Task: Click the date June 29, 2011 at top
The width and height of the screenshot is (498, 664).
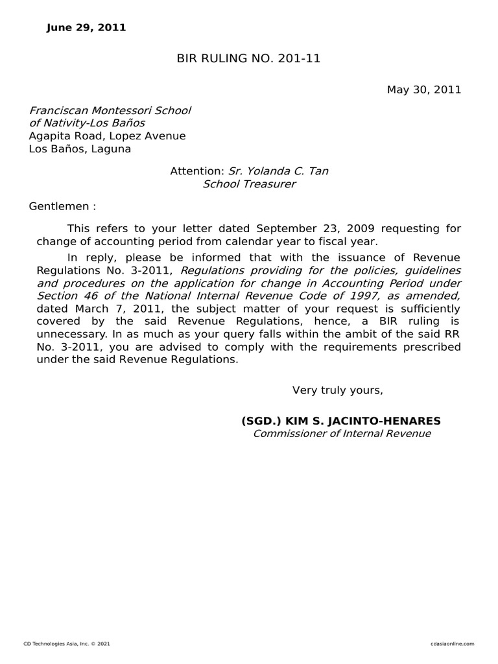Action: [x=86, y=28]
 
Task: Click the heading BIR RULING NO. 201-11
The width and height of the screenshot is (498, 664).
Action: [x=248, y=59]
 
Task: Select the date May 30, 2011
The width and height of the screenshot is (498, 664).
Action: [x=424, y=89]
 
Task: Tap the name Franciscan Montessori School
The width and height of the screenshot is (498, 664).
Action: [x=110, y=110]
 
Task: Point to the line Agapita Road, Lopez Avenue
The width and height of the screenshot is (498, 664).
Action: [x=107, y=136]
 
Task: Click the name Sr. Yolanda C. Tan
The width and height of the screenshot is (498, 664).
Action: [x=278, y=171]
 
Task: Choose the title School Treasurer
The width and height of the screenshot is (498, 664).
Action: [x=249, y=184]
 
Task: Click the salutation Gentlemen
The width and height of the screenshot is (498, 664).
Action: [x=59, y=207]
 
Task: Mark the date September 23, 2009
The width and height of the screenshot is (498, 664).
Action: [x=305, y=229]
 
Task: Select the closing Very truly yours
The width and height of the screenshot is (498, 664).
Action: [x=337, y=390]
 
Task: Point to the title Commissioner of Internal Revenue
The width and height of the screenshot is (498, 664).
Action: [x=341, y=434]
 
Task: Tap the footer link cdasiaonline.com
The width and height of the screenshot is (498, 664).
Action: [x=452, y=644]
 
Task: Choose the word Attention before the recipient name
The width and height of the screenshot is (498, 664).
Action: [x=196, y=171]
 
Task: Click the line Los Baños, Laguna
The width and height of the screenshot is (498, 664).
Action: [x=80, y=149]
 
